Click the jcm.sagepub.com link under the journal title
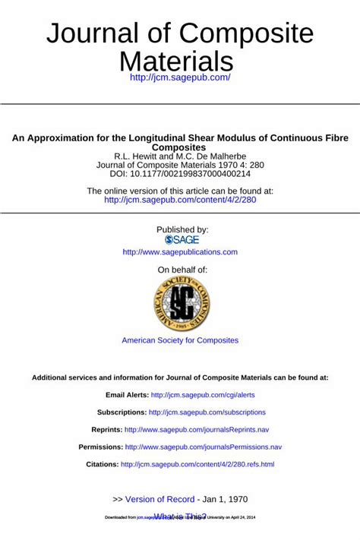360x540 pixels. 180,77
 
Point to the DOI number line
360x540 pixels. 180,174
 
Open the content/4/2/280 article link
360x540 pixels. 180,201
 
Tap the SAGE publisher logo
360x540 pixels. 180,239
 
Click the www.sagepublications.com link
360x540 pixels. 180,252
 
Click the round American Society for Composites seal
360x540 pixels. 180,304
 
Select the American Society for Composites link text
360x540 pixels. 180,340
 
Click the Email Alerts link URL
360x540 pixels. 203,395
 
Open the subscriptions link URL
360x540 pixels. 207,412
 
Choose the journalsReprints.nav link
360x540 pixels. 197,430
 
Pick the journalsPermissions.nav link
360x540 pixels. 204,447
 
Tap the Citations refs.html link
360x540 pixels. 197,464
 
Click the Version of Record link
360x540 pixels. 159,499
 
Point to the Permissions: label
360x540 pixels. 100,447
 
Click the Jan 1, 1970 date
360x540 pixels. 226,499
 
